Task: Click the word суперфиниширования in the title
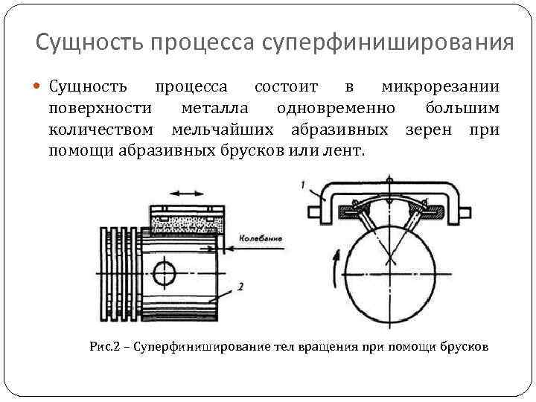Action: (389, 42)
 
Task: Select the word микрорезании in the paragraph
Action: (440, 88)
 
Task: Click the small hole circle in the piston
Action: (165, 272)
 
